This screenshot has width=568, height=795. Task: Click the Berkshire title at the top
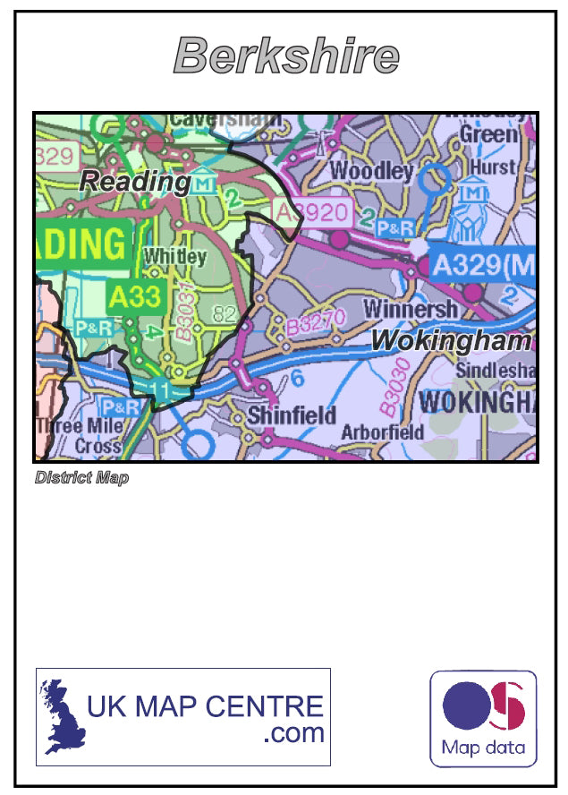click(x=285, y=56)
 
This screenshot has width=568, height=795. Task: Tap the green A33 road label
click(x=134, y=296)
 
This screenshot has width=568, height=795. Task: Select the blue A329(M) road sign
click(x=481, y=264)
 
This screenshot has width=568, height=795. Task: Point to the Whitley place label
click(x=174, y=257)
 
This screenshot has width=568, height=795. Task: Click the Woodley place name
click(x=372, y=170)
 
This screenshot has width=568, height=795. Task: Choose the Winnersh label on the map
click(x=411, y=309)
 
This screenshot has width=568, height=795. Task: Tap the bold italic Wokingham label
click(x=451, y=340)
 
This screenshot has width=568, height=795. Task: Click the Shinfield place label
click(x=292, y=415)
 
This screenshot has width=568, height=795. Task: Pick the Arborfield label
click(x=383, y=432)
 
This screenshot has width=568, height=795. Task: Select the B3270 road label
click(x=315, y=322)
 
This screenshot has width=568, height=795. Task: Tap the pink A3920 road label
click(x=313, y=212)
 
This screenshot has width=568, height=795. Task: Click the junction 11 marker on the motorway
click(x=161, y=389)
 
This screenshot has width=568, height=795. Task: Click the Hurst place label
click(x=493, y=167)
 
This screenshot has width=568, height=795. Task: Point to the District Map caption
click(x=81, y=477)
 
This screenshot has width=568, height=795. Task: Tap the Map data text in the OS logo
click(x=483, y=748)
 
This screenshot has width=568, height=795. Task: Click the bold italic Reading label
click(x=134, y=182)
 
